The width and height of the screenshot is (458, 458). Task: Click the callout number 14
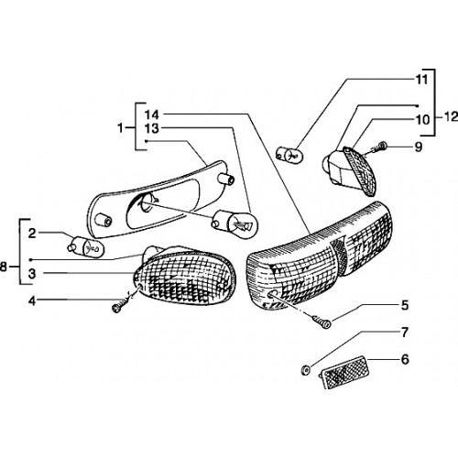pos(152,114)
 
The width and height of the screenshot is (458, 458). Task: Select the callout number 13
pos(152,128)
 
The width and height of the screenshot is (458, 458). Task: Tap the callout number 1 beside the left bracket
pos(121,127)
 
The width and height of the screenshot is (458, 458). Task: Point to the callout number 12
pos(451,116)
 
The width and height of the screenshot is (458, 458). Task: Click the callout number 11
pos(422,80)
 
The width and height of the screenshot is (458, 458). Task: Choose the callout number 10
pos(423,120)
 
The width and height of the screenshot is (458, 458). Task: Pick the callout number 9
pos(419,147)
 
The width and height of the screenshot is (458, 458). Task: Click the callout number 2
pos(32,234)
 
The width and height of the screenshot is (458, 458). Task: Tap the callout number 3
pos(32,274)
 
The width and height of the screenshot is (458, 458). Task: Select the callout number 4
pos(32,301)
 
